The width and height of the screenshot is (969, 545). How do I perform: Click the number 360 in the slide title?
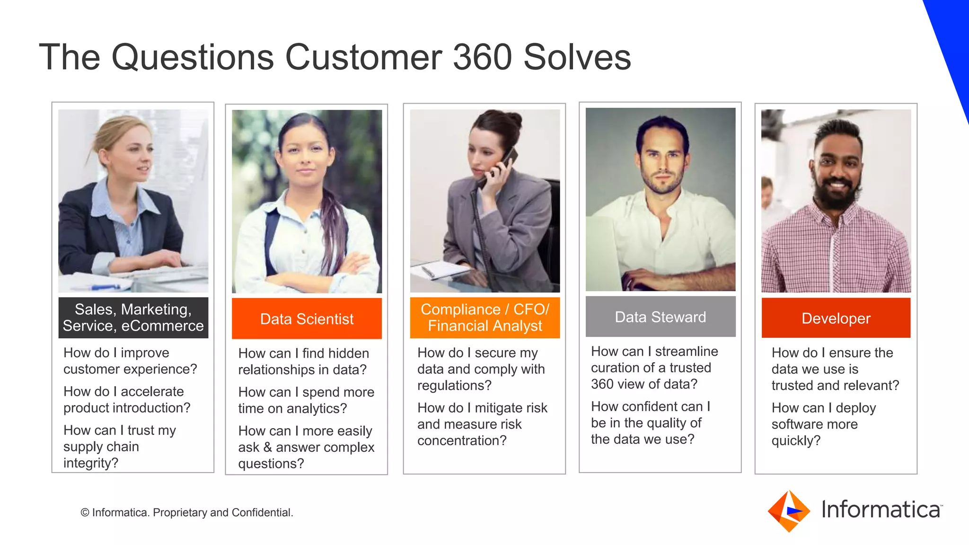[482, 57]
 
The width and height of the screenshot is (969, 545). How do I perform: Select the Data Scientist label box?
[307, 318]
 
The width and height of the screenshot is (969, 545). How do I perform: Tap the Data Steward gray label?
[660, 316]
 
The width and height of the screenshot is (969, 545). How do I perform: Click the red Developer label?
[836, 318]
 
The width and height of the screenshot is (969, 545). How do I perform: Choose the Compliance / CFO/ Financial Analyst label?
[484, 317]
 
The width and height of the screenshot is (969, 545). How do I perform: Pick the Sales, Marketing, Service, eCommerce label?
[133, 317]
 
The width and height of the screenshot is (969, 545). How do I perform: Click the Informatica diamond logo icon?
[789, 511]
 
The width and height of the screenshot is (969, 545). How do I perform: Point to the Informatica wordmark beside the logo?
[881, 510]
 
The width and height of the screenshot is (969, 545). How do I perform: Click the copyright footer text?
[187, 512]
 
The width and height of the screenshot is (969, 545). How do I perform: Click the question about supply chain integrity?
[119, 446]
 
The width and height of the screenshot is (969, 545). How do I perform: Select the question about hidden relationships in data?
[303, 361]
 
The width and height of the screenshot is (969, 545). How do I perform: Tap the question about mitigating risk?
[482, 424]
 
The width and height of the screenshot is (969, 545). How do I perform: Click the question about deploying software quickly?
[823, 424]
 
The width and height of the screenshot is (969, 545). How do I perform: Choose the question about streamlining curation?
[654, 368]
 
